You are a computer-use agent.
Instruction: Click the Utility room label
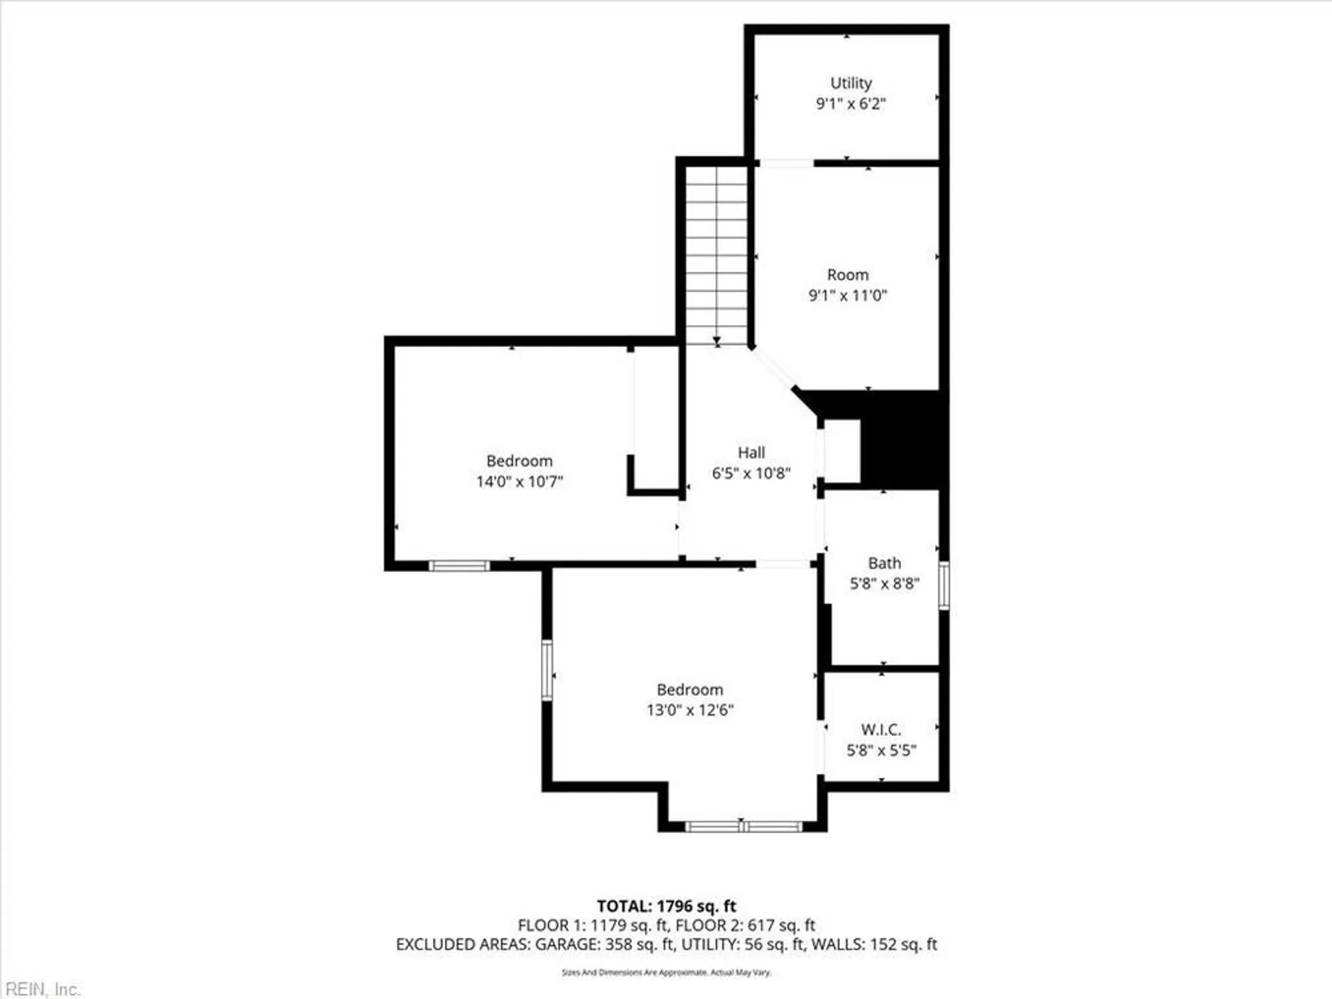pos(850,83)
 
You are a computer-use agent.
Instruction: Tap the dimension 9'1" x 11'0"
pos(847,295)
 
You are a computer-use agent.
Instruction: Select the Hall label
pos(751,453)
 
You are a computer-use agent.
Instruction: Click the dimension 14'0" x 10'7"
pos(519,481)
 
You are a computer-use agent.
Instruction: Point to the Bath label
pos(884,563)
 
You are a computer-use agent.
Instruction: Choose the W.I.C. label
pos(880,729)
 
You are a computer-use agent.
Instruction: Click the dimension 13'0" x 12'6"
pos(689,710)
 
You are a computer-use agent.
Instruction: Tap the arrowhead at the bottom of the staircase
pos(717,342)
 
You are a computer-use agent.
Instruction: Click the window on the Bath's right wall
pos(944,585)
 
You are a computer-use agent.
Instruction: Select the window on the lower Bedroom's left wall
pos(547,670)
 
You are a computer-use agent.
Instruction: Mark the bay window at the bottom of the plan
pos(743,827)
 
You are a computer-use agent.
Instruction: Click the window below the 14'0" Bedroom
pos(459,566)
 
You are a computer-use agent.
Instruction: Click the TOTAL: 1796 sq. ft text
pos(666,906)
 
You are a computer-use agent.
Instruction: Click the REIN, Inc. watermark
pos(41,989)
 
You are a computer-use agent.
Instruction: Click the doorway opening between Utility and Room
pos(787,163)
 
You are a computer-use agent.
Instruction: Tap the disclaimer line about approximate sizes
pos(666,972)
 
